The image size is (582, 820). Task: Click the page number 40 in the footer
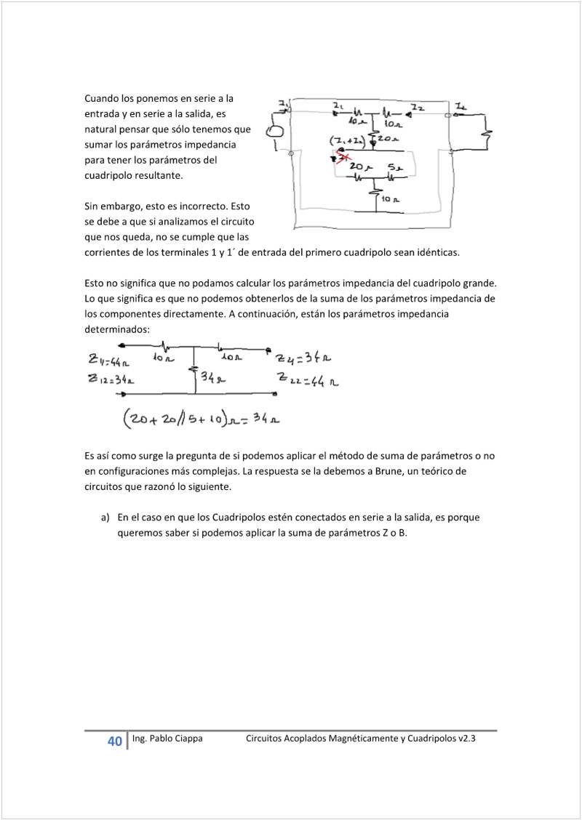(x=114, y=741)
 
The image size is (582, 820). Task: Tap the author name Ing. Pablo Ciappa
(x=167, y=739)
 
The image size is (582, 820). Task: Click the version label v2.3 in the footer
(x=466, y=739)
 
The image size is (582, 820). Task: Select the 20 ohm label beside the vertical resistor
(x=388, y=137)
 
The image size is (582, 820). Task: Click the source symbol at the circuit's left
(x=276, y=132)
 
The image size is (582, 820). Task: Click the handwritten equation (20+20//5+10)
(x=202, y=419)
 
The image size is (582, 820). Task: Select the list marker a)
(x=105, y=518)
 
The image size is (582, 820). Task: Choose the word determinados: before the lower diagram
(x=117, y=329)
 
